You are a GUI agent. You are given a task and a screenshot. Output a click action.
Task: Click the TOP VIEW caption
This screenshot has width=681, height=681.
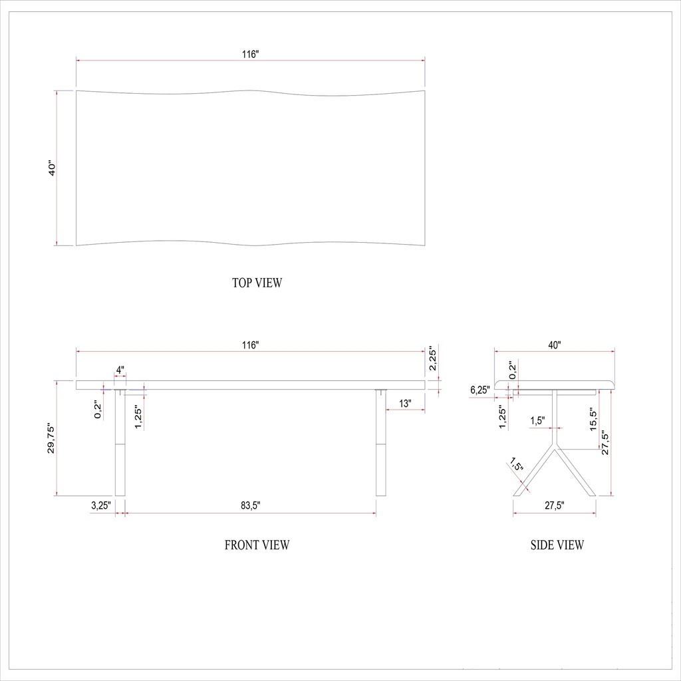coord(257,283)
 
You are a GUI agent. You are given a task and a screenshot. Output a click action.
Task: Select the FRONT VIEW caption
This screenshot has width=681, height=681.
coord(257,545)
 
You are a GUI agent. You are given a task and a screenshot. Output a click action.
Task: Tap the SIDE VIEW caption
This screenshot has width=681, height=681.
coord(557,545)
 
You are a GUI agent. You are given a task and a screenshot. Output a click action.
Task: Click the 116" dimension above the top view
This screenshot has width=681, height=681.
coord(250,55)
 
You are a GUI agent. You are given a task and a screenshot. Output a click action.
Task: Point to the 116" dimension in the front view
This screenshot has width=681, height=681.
coord(250,345)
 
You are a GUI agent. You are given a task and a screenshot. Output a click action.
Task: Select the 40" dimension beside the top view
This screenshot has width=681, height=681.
coord(52,168)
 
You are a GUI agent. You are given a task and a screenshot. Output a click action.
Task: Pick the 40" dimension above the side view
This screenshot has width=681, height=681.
coord(555,345)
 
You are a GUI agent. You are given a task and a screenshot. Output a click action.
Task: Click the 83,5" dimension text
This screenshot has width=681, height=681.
coord(250,505)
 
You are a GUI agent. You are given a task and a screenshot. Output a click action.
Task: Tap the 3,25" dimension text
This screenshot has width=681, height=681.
coord(100,505)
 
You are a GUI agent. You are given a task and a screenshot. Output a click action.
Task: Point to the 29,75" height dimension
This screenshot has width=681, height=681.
coord(52,439)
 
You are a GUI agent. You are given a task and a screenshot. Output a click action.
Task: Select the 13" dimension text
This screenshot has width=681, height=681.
coord(405,403)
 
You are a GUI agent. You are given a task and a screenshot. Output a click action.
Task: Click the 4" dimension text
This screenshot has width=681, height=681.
coord(120,370)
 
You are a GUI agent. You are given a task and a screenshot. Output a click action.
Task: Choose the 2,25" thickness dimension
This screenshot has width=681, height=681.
coord(432,358)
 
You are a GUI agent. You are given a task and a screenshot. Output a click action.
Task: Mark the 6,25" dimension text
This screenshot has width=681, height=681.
coord(479,390)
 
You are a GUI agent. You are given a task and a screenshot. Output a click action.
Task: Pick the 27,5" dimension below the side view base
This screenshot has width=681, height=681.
coord(554,505)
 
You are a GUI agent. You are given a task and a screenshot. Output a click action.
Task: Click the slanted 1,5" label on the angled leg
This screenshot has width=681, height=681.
coord(515,464)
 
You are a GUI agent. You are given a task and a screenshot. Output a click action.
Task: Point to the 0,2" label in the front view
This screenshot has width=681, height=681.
coord(98,409)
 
